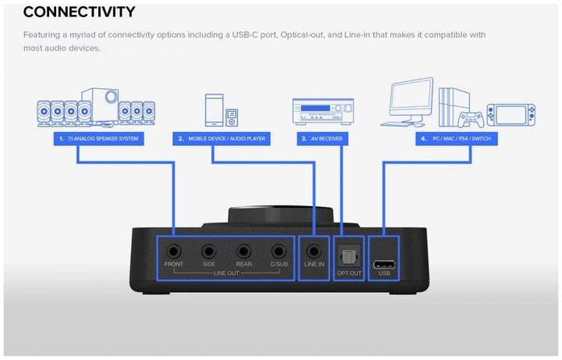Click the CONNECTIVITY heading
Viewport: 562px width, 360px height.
(x=79, y=12)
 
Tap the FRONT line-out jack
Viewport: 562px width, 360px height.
(x=173, y=252)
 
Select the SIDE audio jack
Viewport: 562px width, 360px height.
(x=208, y=252)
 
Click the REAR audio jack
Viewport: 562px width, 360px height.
(x=244, y=252)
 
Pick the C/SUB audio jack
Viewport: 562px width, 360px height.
(x=279, y=252)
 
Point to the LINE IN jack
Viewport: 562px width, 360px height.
(x=314, y=252)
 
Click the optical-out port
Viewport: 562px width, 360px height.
(x=349, y=254)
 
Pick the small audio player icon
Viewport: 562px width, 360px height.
(x=231, y=118)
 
